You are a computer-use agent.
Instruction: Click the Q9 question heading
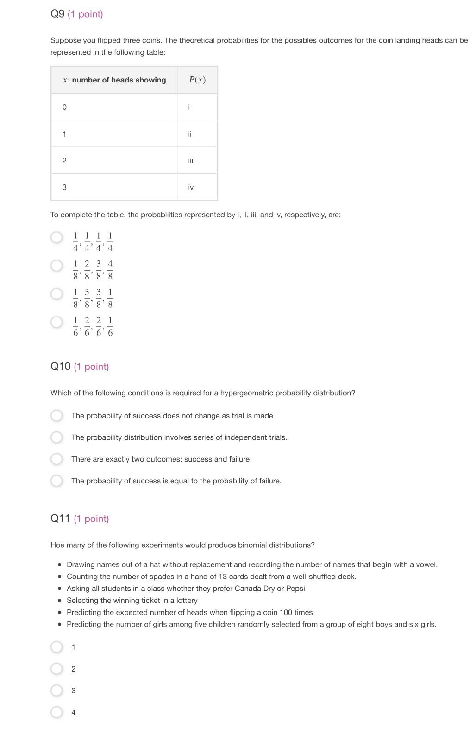tap(57, 14)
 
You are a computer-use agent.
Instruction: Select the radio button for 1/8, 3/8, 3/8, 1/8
tap(56, 294)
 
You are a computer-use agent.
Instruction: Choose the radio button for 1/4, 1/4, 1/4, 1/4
tap(56, 237)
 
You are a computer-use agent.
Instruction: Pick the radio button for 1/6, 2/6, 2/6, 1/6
tap(56, 322)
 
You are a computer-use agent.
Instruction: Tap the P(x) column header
tap(197, 80)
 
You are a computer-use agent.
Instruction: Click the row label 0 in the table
tap(64, 107)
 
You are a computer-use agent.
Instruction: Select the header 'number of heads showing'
tap(119, 80)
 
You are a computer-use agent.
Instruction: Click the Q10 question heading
tap(60, 367)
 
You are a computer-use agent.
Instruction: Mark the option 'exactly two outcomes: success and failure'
tap(56, 459)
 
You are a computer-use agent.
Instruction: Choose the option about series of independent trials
tap(56, 437)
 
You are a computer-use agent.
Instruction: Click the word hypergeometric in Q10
tap(246, 393)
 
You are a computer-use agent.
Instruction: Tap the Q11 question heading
tap(60, 519)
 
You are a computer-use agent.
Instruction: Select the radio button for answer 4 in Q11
tap(56, 712)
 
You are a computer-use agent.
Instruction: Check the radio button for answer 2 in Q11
tap(56, 669)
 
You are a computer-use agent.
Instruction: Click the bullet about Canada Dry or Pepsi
tap(185, 589)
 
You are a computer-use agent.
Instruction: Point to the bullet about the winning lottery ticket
tap(132, 601)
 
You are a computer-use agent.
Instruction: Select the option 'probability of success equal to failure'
tap(56, 481)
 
